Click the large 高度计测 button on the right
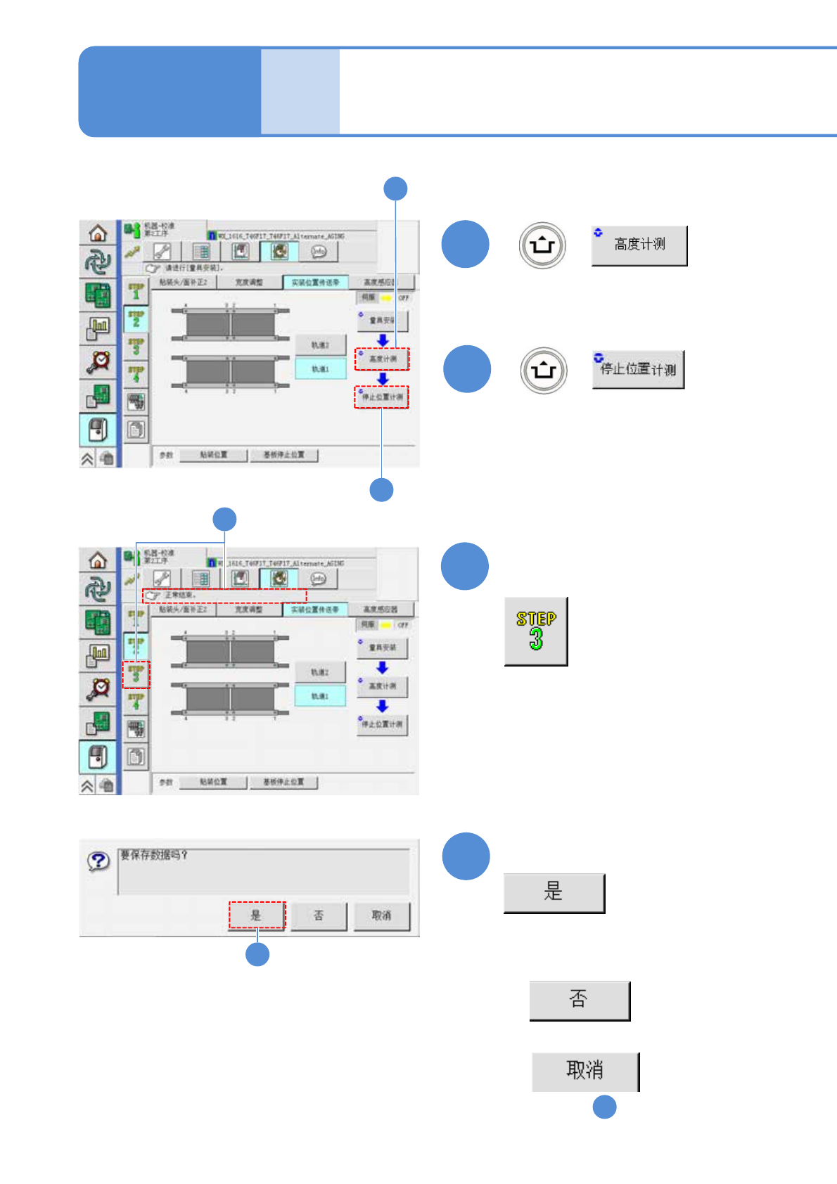639,245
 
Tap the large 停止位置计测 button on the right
638,369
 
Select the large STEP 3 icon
536,631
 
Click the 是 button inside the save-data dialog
257,915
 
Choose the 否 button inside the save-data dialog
319,915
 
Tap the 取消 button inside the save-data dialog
381,915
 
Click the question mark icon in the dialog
98,861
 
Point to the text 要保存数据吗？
154,855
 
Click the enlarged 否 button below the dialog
579,1000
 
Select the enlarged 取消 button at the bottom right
584,1071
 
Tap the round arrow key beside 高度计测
542,245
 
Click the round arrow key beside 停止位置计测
544,370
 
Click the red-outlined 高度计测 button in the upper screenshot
382,359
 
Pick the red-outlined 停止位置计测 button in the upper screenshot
382,397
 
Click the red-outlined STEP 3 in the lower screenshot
136,674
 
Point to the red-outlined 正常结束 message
225,596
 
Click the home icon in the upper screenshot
98,233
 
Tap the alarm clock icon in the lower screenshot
98,688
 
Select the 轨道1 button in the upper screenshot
320,368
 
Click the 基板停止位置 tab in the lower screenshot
283,782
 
